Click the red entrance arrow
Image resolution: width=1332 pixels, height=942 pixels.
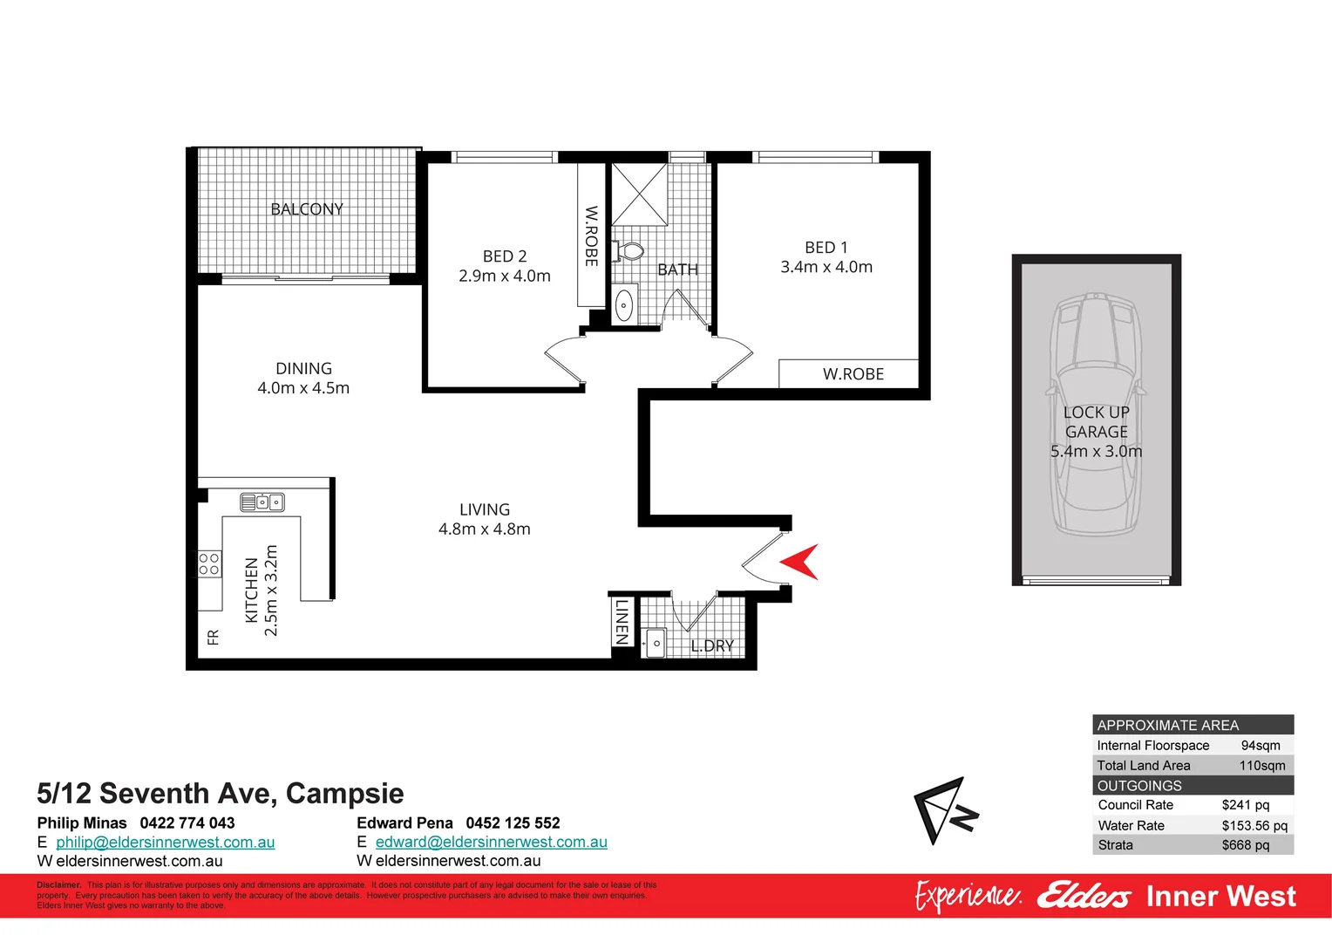(800, 562)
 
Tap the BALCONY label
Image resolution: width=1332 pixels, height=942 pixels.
(307, 209)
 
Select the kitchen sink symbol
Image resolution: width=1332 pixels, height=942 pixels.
(262, 502)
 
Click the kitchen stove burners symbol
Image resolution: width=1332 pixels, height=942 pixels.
(209, 564)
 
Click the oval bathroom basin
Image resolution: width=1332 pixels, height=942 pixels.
(624, 305)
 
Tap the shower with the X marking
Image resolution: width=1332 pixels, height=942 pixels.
(638, 194)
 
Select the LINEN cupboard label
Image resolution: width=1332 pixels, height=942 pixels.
(622, 621)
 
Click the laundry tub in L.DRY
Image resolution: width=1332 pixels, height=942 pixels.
(655, 644)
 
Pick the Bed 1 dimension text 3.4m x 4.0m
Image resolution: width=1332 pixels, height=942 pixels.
(826, 268)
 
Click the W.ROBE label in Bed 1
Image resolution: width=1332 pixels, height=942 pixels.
(853, 374)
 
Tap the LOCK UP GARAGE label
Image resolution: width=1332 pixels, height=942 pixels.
(1096, 422)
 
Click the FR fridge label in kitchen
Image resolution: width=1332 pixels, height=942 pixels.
(214, 638)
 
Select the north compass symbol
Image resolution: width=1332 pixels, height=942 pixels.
(945, 810)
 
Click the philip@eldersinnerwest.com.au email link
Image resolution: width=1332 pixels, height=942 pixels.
(165, 843)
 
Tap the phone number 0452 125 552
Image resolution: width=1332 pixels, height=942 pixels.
(513, 823)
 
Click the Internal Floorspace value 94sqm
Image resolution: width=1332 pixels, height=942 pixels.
(1261, 746)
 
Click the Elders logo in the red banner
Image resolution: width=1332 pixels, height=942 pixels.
(1084, 896)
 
